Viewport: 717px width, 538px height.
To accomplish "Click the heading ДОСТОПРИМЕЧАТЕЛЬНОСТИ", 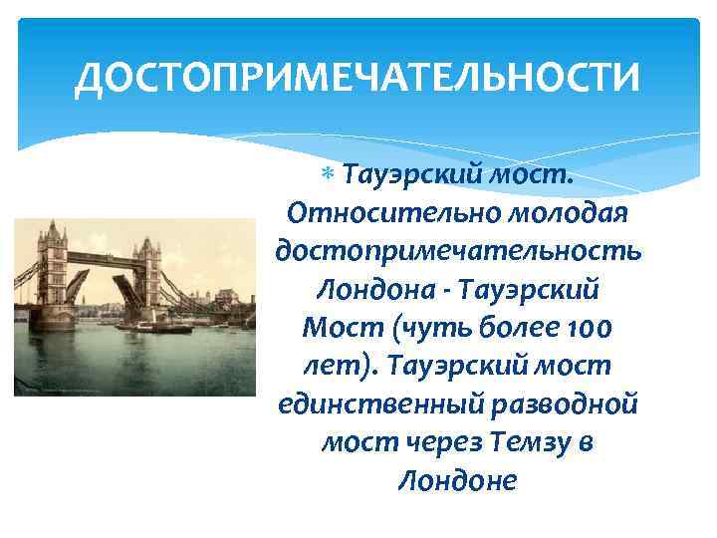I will point(357,79).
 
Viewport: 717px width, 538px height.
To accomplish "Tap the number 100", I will point(586,328).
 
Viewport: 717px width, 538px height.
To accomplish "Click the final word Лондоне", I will point(457,480).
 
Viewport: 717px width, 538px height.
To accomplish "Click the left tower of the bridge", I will point(52,270).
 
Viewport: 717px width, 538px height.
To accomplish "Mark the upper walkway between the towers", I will point(100,257).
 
